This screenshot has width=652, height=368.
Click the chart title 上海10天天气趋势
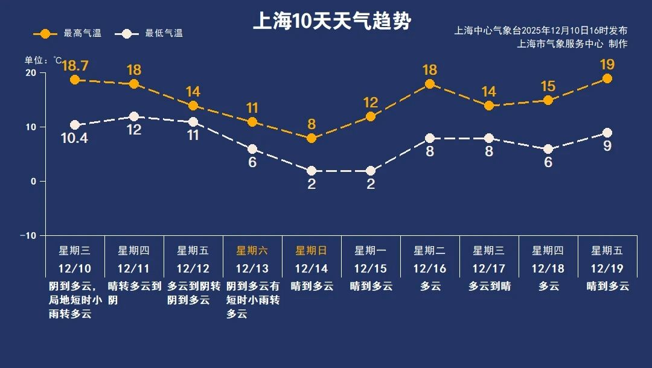pos(331,22)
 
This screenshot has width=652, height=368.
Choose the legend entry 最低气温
pos(152,33)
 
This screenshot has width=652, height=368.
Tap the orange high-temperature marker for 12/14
pos(312,138)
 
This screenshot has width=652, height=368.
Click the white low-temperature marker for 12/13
pos(252,149)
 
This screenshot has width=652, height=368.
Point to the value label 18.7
pos(75,66)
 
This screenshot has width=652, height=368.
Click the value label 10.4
pos(75,139)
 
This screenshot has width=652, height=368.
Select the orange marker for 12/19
pos(607,78)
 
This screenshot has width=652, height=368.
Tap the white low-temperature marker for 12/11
pos(134,116)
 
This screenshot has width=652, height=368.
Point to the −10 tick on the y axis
pos(28,235)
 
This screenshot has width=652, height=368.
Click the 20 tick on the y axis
pos(31,73)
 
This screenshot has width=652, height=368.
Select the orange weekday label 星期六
pos(252,250)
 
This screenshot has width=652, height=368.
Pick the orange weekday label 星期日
pos(311,250)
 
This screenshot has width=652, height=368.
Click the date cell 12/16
pos(430,268)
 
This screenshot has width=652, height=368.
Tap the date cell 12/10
pos(75,268)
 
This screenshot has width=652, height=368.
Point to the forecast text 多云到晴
pos(489,286)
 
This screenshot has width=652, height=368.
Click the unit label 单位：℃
pos(43,60)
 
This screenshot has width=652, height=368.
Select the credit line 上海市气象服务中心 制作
pos(572,43)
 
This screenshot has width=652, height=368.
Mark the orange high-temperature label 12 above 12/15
pos(371,103)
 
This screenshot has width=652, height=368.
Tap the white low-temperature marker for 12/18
pos(548,149)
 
